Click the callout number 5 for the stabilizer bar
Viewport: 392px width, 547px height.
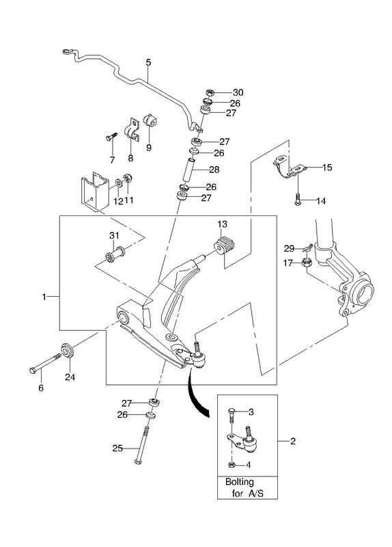[x=148, y=62]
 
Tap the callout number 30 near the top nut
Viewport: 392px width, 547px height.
[x=238, y=92]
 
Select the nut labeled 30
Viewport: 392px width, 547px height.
[x=210, y=93]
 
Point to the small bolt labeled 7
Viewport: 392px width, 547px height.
[x=111, y=136]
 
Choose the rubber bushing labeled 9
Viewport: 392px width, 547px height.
[x=150, y=120]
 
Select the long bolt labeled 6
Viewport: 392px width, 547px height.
[x=46, y=363]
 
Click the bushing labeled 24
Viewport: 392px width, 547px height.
[x=67, y=351]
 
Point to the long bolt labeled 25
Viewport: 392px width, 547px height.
[x=142, y=442]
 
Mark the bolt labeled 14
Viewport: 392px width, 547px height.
[x=297, y=198]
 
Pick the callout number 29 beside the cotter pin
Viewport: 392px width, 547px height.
[x=289, y=248]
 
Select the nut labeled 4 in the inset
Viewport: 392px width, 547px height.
[x=232, y=464]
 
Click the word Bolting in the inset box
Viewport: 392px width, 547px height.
[x=240, y=483]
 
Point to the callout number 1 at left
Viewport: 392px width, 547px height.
[x=44, y=297]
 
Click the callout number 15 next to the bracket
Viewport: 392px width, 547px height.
[x=327, y=168]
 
